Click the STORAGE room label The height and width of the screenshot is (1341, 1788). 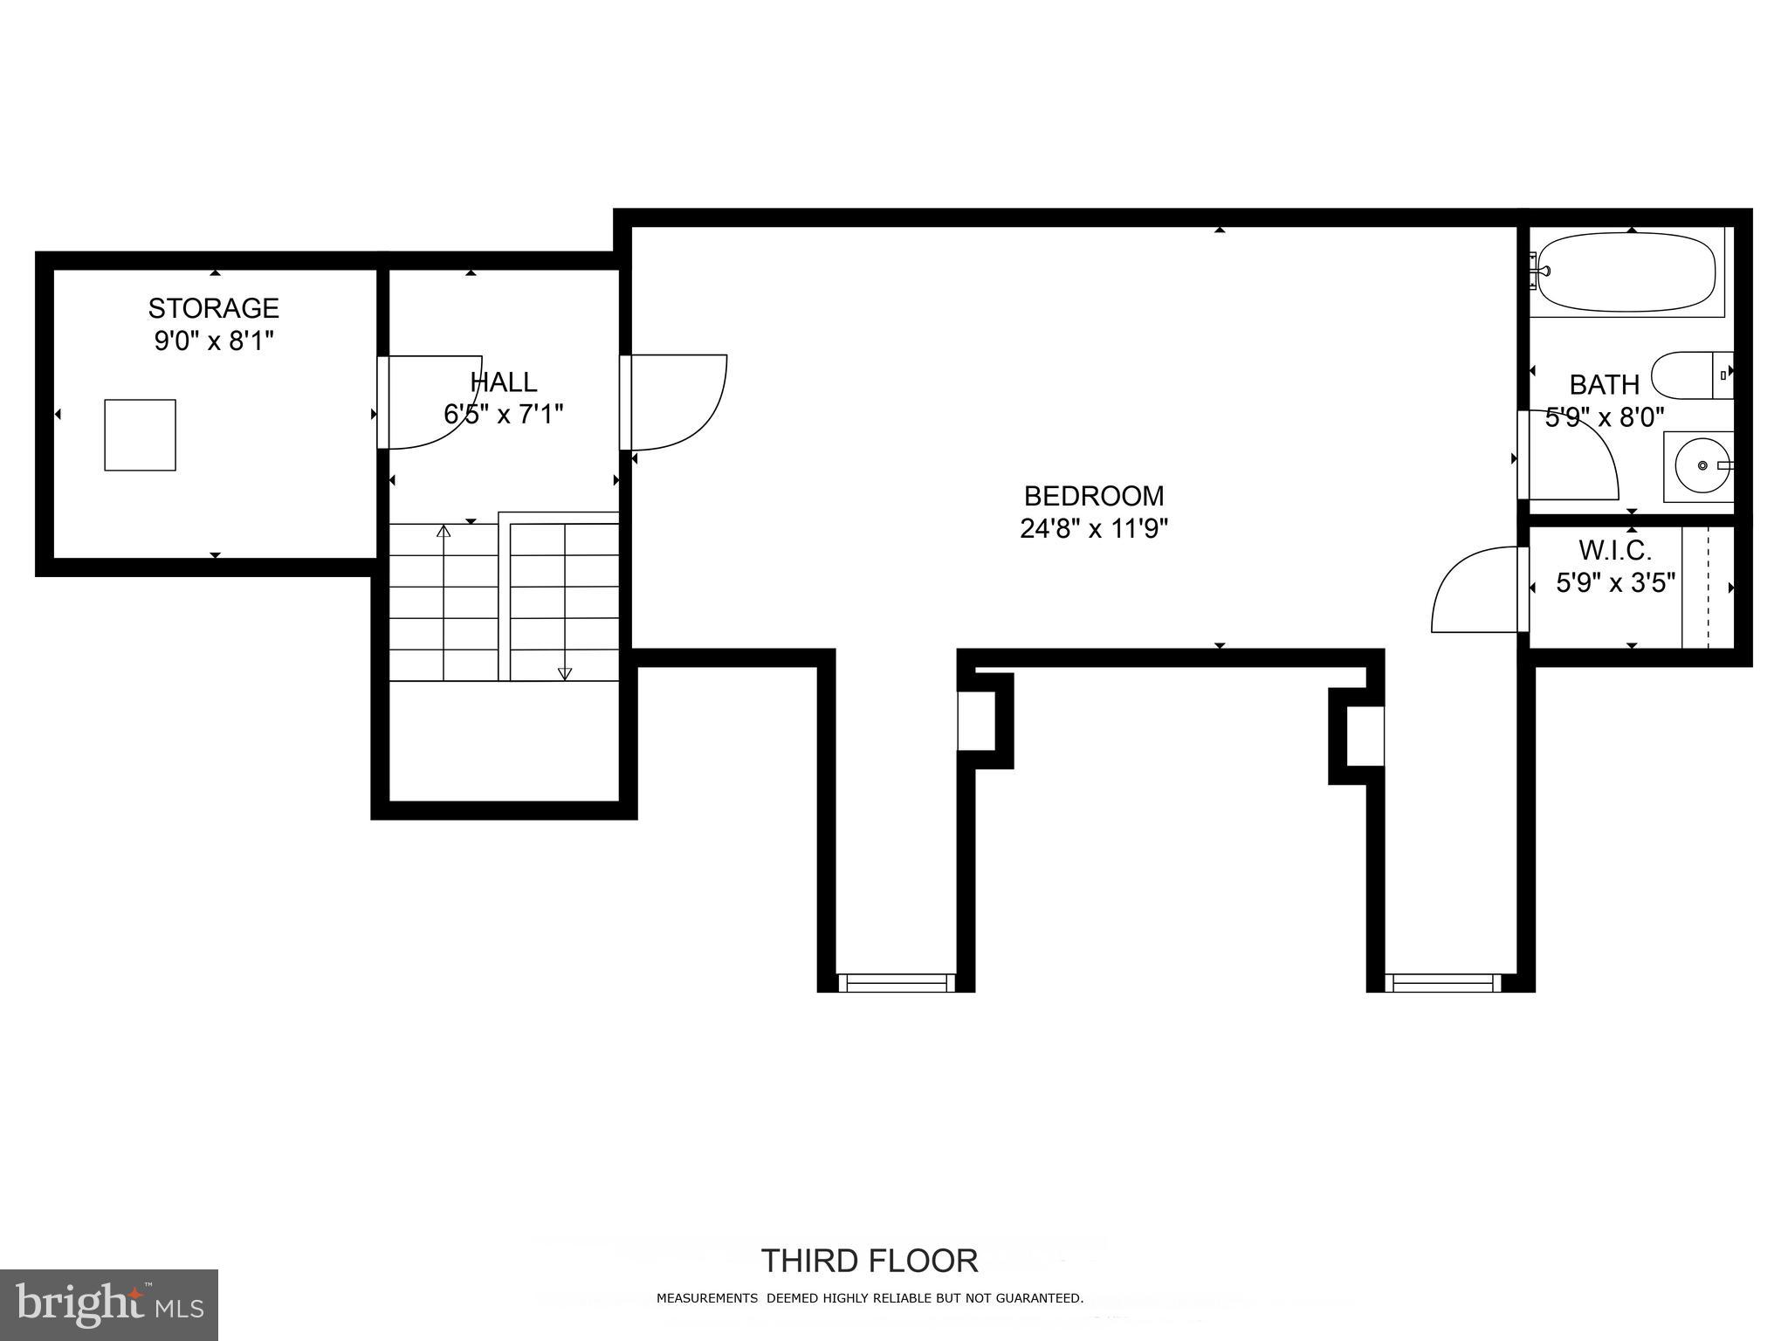coord(213,308)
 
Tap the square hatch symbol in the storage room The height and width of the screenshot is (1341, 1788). coord(140,435)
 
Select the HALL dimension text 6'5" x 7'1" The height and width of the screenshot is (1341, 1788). coord(504,414)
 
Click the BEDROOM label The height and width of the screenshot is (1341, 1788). coord(1093,496)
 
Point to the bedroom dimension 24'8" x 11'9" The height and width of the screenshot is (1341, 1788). coord(1093,529)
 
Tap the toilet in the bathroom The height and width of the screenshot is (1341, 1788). coord(1689,375)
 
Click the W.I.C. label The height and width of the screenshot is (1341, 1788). coord(1614,550)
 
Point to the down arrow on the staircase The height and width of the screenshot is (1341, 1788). coord(565,673)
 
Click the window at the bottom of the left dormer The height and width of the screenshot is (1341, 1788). coord(896,983)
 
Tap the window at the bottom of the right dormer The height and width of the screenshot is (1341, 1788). coord(1442,983)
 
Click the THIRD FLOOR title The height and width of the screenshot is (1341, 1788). coord(869,1262)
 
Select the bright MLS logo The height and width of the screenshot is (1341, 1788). coord(109,1304)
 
